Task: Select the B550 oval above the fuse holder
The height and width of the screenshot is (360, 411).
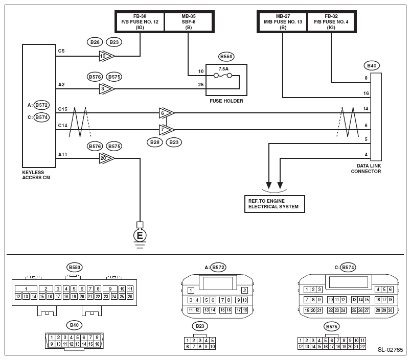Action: pos(225,57)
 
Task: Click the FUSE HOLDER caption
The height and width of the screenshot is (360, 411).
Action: pos(226,101)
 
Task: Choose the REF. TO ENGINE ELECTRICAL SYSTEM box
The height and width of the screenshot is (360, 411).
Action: pos(274,204)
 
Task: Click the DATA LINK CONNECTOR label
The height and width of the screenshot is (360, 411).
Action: pos(366,169)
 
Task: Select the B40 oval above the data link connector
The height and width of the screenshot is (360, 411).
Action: pos(372,65)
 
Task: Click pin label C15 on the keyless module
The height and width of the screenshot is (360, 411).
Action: pos(62,109)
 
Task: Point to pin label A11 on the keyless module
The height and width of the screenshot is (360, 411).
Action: pos(62,154)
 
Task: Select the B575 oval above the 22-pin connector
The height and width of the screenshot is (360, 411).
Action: pos(331,326)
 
